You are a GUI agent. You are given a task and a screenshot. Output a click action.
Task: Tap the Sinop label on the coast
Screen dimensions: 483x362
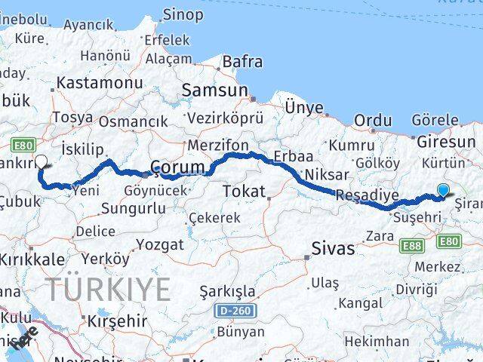[183, 14]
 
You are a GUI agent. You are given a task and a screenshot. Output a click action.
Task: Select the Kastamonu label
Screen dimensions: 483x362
[100, 83]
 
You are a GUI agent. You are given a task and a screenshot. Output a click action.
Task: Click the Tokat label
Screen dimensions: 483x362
[241, 192]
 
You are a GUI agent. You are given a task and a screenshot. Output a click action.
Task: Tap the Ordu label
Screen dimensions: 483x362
[373, 121]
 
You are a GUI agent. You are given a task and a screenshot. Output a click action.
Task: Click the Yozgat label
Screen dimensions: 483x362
[160, 245]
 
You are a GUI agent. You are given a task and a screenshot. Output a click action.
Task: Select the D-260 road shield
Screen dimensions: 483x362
[235, 311]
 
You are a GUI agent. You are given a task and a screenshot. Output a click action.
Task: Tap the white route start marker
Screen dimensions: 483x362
[41, 161]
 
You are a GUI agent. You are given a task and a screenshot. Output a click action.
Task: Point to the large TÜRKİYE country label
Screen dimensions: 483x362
[108, 289]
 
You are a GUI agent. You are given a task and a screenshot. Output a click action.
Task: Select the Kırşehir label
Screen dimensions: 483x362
[118, 321]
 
